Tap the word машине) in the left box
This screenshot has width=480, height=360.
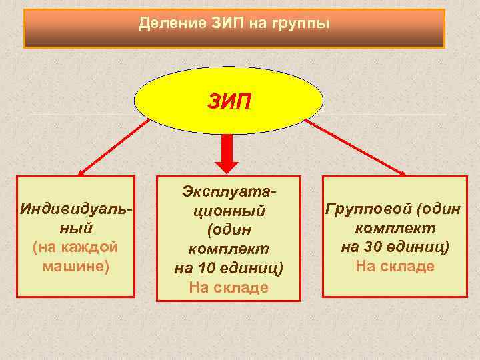click(x=75, y=265)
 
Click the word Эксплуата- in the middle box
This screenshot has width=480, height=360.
click(x=229, y=191)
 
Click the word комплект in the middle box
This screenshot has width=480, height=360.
click(x=229, y=249)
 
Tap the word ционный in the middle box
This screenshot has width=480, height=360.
click(x=229, y=211)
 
